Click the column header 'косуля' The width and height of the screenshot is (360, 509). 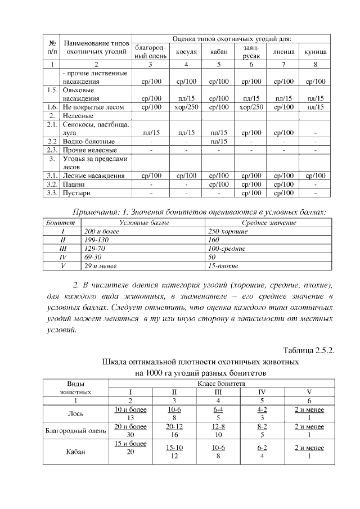coord(186,52)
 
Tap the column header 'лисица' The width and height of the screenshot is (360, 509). coord(283,52)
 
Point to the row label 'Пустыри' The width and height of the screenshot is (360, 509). coord(78,193)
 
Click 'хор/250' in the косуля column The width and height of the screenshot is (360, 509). coord(186,106)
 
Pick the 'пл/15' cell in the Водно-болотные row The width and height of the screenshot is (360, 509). coord(218,141)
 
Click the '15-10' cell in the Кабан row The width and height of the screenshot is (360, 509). coord(174,448)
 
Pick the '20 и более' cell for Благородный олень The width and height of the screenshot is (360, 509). coord(130,427)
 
